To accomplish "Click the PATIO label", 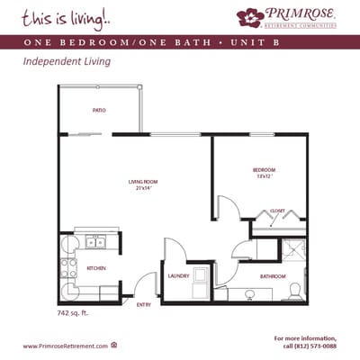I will pos(100,111).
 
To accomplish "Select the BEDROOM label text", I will pos(264,170).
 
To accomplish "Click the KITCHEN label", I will pos(97,268).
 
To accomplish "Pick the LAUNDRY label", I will pos(178,275).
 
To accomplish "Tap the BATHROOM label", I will pos(273,275).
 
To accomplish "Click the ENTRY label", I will pos(144,305).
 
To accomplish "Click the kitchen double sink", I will pos(95,242).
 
